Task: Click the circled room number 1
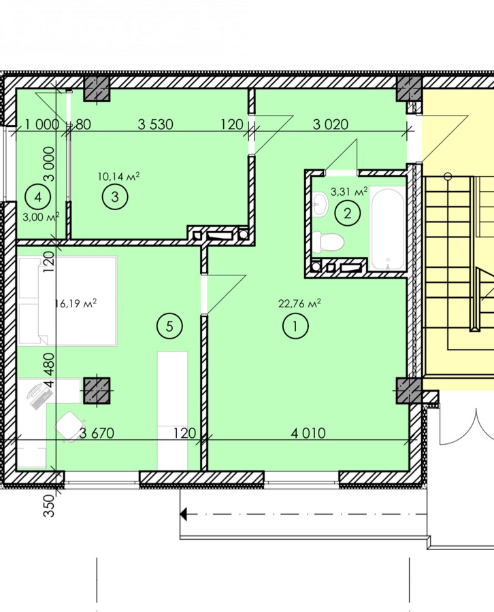coord(295,326)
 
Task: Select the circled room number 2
coord(347,213)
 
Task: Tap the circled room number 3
coord(115,197)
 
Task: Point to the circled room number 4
coord(38,197)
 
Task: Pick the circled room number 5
coord(169,326)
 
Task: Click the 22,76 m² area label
coord(299,303)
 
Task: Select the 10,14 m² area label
coord(118,176)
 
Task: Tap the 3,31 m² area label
coord(349,191)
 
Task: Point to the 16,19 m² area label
coord(76,303)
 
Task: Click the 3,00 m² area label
coord(41,217)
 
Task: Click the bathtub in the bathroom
coord(387,228)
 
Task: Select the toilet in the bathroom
coord(328,242)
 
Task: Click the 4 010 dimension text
coord(308,433)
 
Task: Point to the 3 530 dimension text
coord(155,124)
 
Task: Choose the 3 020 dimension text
coord(331,124)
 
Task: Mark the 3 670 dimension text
coord(97,433)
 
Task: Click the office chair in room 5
coord(70,426)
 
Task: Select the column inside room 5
coord(97,390)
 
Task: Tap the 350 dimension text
coord(49,506)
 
